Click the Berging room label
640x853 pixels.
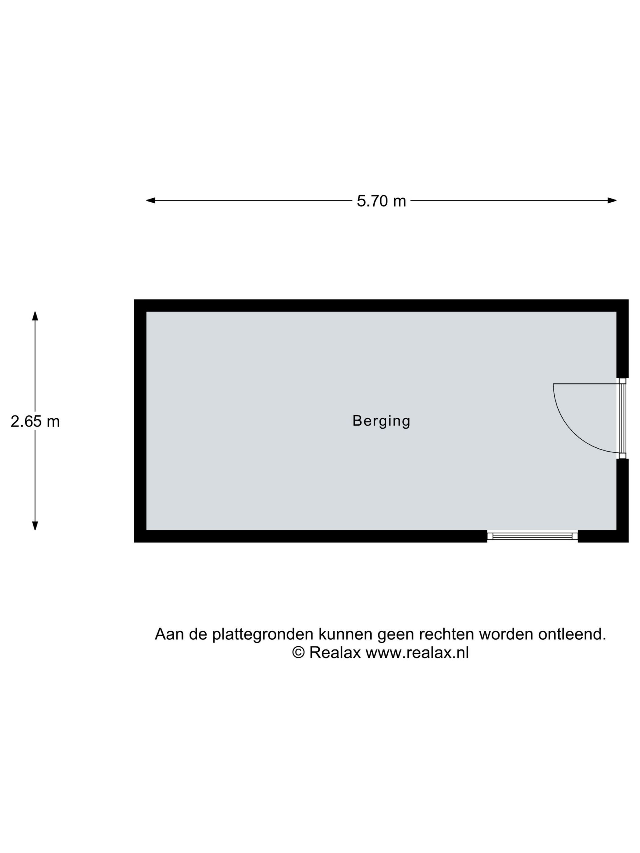tap(381, 421)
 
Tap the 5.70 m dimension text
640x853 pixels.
tap(381, 201)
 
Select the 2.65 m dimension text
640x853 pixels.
tap(35, 422)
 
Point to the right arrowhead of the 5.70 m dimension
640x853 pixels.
tap(612, 200)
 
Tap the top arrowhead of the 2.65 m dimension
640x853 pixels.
tap(35, 316)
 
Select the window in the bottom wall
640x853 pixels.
tap(532, 536)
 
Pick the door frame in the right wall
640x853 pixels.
tap(622, 418)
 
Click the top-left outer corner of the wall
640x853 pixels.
tap(134, 300)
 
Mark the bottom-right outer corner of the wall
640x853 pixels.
tap(628, 542)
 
